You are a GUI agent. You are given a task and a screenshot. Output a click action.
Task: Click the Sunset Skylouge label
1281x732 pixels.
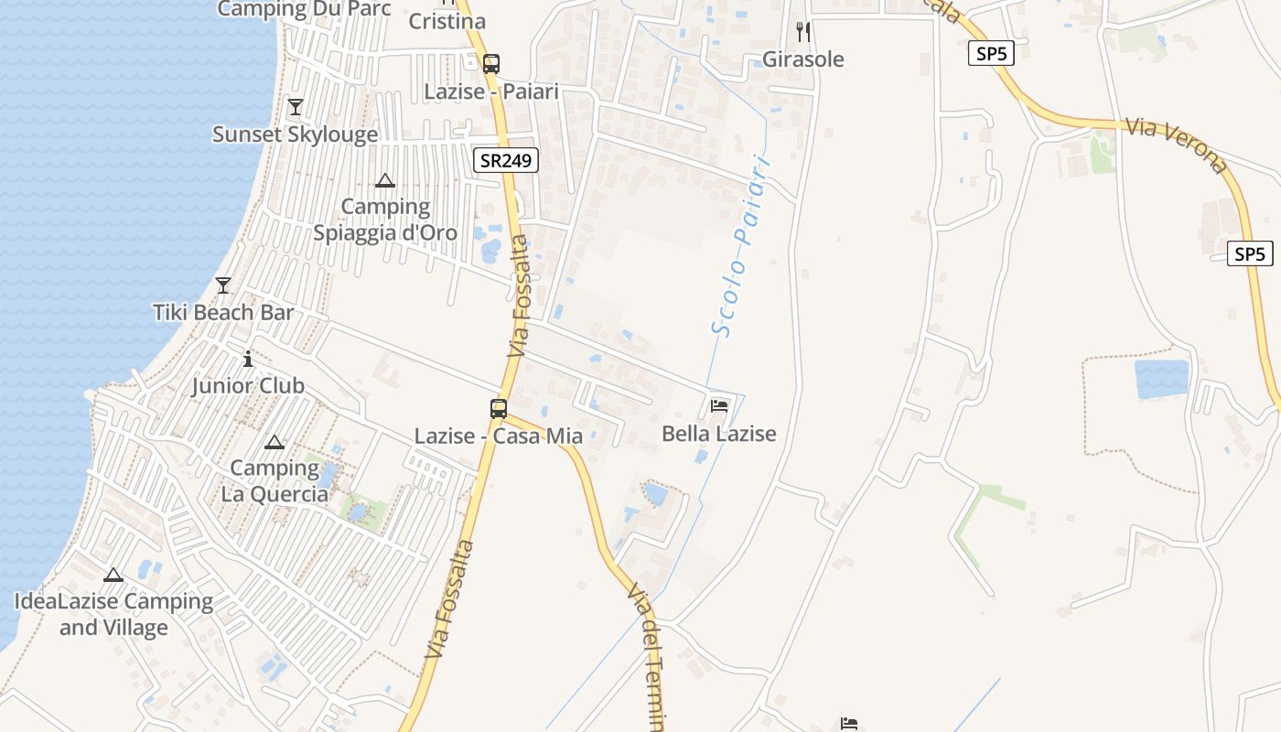pyautogui.click(x=295, y=135)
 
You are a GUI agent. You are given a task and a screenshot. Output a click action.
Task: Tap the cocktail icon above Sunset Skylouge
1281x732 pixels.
pyautogui.click(x=295, y=107)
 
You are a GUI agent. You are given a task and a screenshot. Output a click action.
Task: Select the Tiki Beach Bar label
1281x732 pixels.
pyautogui.click(x=223, y=312)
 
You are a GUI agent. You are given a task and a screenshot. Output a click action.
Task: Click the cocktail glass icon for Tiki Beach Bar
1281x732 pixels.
pyautogui.click(x=223, y=285)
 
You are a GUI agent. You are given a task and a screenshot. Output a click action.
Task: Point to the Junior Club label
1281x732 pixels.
pyautogui.click(x=247, y=385)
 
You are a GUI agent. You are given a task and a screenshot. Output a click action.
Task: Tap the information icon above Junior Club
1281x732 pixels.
pyautogui.click(x=247, y=359)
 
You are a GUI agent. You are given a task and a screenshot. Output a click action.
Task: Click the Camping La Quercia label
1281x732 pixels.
pyautogui.click(x=274, y=481)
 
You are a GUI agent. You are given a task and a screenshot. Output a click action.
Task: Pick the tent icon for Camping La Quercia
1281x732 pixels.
pyautogui.click(x=274, y=443)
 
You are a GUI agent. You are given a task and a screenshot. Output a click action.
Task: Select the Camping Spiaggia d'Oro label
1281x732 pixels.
pyautogui.click(x=385, y=220)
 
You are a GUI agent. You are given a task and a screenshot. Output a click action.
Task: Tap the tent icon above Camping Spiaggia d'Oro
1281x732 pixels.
pyautogui.click(x=385, y=180)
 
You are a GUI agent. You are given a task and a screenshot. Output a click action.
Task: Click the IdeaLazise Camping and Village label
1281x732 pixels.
pyautogui.click(x=113, y=614)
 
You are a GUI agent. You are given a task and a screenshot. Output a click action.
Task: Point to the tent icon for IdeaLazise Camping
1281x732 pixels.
pyautogui.click(x=113, y=575)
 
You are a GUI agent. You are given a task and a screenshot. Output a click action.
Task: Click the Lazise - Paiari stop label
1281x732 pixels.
pyautogui.click(x=491, y=91)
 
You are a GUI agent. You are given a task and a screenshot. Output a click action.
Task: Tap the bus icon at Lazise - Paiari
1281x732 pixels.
pyautogui.click(x=491, y=63)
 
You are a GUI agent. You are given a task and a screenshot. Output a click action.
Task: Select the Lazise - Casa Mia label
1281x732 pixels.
pyautogui.click(x=499, y=436)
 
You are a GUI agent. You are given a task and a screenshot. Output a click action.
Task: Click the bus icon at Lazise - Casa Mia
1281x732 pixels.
pyautogui.click(x=499, y=408)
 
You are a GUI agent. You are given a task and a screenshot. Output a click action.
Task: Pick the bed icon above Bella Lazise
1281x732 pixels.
pyautogui.click(x=719, y=405)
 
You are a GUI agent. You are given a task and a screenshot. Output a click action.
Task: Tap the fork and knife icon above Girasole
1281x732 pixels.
pyautogui.click(x=803, y=32)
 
